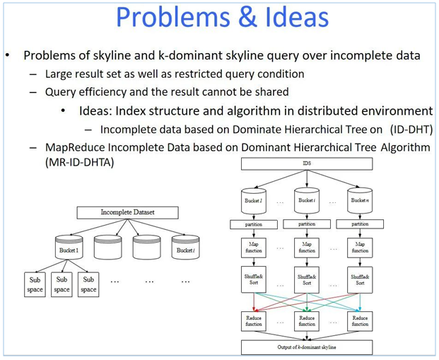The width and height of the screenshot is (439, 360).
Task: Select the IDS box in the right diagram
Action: [x=306, y=163]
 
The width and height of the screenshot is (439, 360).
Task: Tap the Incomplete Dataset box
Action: [x=127, y=211]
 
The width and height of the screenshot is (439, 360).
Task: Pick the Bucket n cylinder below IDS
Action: [x=360, y=202]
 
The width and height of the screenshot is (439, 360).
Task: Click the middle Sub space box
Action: [x=62, y=284]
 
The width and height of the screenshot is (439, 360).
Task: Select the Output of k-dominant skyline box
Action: [x=306, y=347]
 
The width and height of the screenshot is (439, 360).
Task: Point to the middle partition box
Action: [x=307, y=224]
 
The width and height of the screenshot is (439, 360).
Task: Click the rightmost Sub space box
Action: [x=88, y=284]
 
